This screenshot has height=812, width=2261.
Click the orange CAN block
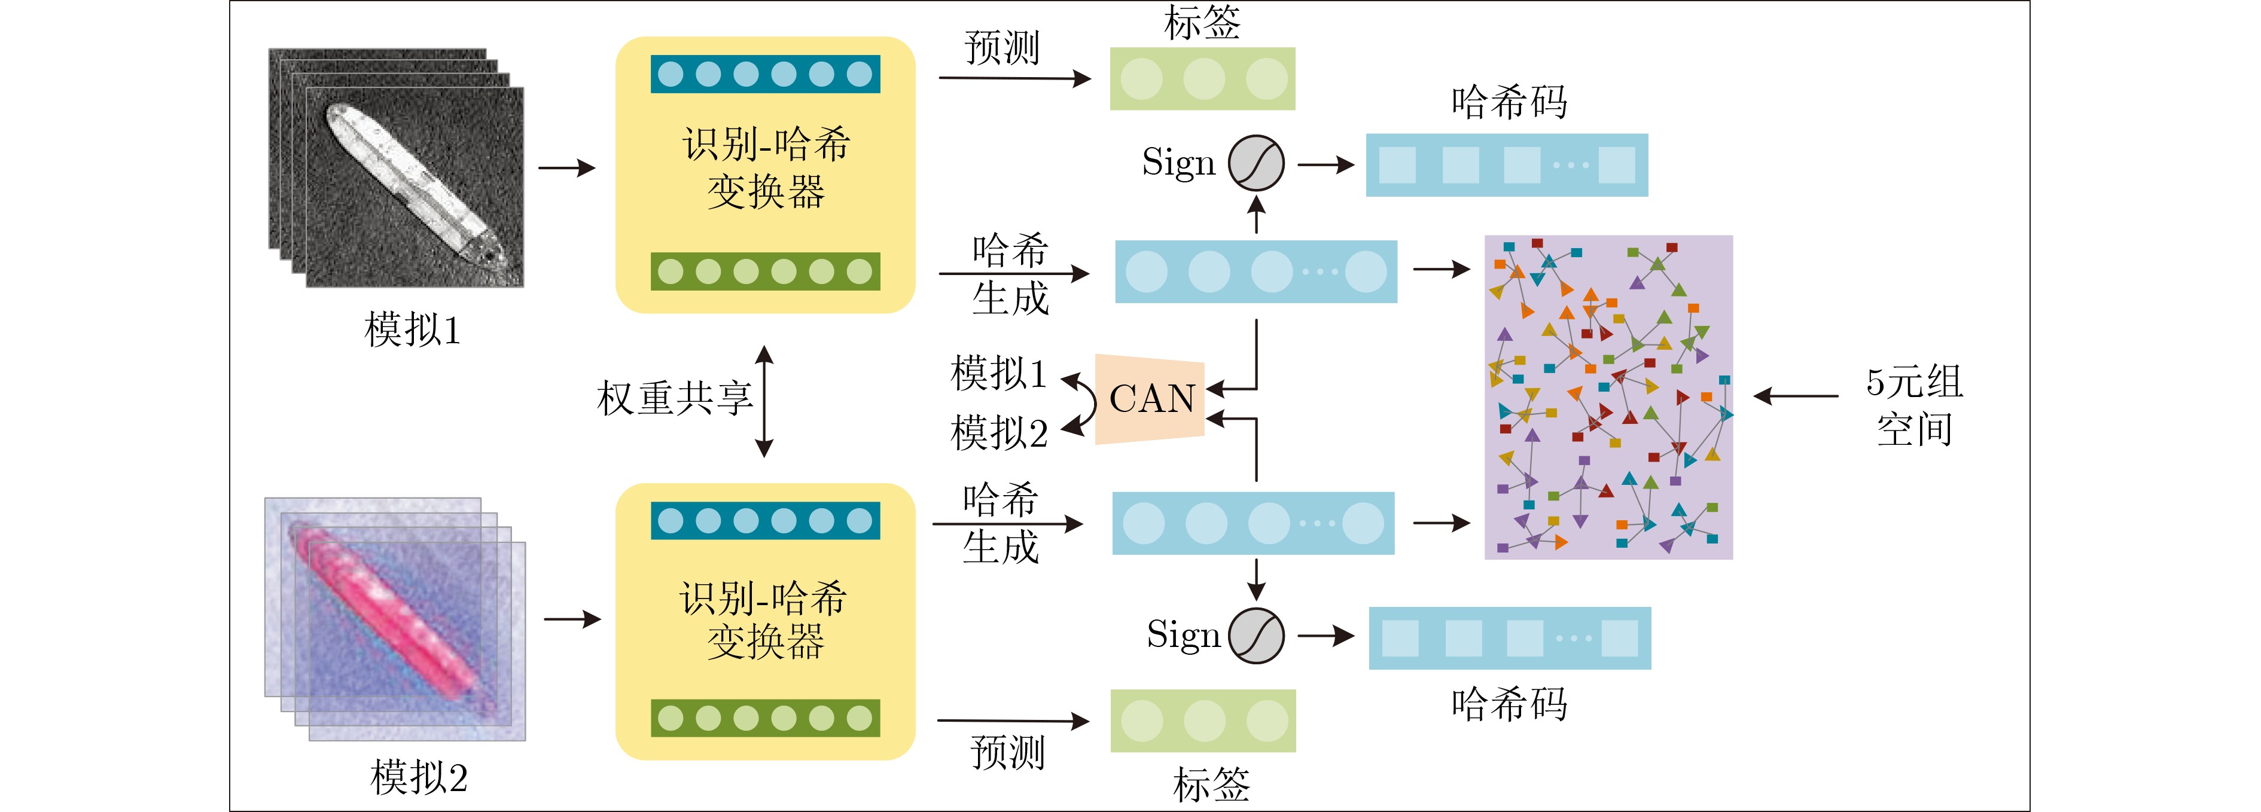[x=1150, y=399]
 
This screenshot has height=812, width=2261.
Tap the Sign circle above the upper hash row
[x=1256, y=163]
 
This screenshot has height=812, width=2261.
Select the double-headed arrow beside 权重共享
[x=764, y=401]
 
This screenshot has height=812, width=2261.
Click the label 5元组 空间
[x=1913, y=405]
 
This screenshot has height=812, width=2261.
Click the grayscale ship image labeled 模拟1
[x=396, y=167]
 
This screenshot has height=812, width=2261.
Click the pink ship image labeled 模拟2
[x=395, y=619]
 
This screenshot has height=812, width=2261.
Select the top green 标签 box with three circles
[x=1202, y=79]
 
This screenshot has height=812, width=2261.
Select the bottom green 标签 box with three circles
[x=1203, y=721]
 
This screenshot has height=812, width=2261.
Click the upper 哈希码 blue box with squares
[x=1507, y=165]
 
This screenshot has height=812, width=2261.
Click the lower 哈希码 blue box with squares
[x=1510, y=638]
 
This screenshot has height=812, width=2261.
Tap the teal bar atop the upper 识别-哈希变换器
[x=766, y=74]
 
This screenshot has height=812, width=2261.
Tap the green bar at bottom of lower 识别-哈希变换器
[x=766, y=718]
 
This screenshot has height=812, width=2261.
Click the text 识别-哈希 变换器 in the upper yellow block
[x=766, y=167]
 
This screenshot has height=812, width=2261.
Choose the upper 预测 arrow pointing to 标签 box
[x=1014, y=78]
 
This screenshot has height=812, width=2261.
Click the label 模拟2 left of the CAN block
[x=999, y=433]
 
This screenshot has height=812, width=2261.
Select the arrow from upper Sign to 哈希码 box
[x=1326, y=164]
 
